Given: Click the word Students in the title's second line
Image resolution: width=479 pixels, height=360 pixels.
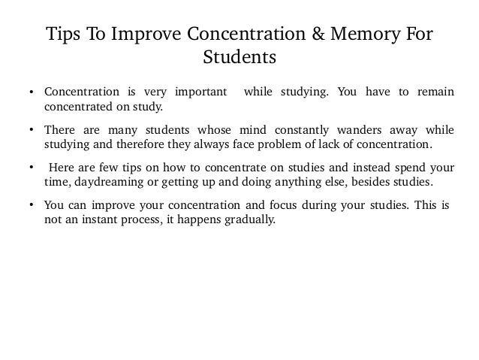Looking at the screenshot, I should (x=239, y=58).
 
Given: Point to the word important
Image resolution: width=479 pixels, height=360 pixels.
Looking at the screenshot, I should (x=202, y=93).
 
